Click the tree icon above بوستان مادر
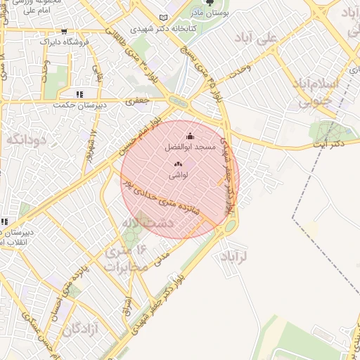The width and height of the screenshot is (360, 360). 207,4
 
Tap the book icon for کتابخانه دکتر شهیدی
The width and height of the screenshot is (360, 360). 164,18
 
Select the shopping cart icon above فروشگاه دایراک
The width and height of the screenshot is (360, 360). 65,32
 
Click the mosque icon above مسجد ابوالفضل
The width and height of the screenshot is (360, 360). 190,136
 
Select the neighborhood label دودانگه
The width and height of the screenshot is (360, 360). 26,139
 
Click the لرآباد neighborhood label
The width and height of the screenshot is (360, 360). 234,255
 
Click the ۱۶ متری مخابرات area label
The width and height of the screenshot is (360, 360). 127,258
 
